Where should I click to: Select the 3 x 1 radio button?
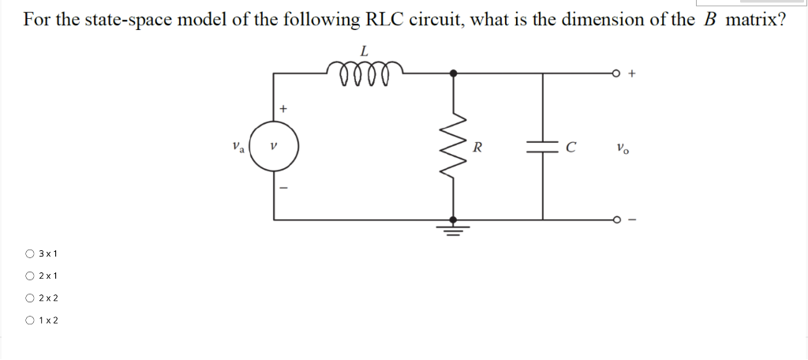(29, 253)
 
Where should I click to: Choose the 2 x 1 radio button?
(29, 276)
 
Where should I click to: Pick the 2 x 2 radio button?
(29, 298)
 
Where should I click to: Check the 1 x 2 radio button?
(29, 320)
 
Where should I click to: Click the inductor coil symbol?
(364, 74)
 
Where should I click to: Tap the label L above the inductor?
(364, 51)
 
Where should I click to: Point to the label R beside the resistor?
(478, 147)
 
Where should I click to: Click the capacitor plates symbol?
(542, 147)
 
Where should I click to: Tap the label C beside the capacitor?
(571, 147)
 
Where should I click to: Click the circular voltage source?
(274, 147)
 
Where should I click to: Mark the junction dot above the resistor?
(452, 73)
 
